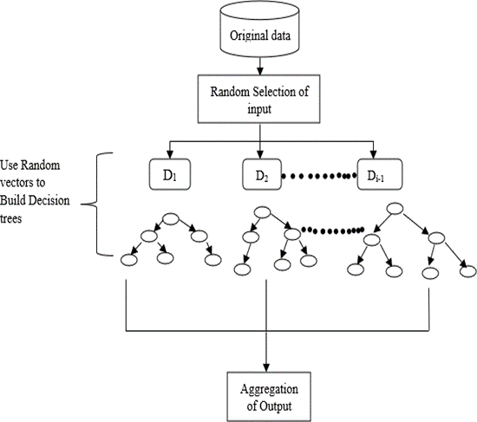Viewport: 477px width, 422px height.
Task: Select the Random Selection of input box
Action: [259, 99]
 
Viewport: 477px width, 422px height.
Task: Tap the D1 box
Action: [170, 174]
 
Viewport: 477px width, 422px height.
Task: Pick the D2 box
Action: [262, 174]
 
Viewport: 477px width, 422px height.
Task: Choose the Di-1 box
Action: [380, 174]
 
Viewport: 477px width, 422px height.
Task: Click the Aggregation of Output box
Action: [269, 397]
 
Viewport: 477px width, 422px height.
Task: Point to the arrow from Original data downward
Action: [260, 66]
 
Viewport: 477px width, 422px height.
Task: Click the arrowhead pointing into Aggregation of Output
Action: [266, 367]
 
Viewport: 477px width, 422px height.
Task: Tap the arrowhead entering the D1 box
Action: [170, 154]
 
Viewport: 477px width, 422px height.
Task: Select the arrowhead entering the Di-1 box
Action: [374, 154]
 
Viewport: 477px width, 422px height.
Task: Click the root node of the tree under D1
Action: [170, 219]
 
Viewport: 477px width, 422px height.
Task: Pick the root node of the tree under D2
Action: [262, 212]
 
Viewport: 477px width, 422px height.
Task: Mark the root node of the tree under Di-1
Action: [395, 209]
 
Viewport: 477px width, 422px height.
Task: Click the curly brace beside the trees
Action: [97, 204]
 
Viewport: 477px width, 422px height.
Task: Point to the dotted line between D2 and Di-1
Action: [319, 176]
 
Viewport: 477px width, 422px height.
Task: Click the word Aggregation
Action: [269, 389]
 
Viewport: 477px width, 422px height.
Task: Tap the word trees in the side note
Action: [11, 218]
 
